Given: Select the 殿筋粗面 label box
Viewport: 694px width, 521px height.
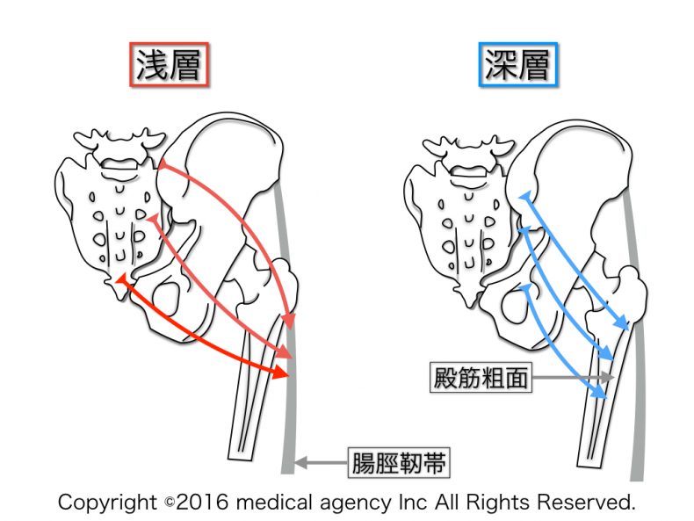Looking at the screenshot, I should [x=481, y=378].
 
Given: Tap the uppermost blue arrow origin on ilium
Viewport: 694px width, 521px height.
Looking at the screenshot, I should [x=524, y=199].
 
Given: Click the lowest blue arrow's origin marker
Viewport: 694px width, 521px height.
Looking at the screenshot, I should [x=524, y=287].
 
